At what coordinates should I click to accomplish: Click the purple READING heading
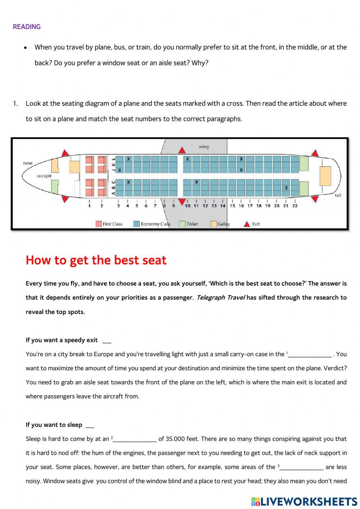coord(27,27)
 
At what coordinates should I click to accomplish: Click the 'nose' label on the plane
coord(28,163)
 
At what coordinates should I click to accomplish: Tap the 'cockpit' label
coord(44,176)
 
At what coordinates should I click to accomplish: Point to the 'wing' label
coord(203,147)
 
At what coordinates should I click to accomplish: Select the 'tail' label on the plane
coord(338,195)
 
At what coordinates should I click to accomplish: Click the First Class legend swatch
coord(99,224)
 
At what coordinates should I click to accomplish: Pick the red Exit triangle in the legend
coord(247,224)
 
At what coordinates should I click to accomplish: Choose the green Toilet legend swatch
coord(182,224)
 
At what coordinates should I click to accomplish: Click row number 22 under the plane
coord(295,206)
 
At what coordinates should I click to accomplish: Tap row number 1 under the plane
coord(89,206)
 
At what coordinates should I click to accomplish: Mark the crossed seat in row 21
coord(286,188)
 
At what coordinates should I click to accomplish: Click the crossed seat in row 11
coord(197,182)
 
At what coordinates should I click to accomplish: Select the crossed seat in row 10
coord(187,159)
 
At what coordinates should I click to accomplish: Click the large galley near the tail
coord(325,176)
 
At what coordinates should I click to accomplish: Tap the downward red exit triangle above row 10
coord(182,201)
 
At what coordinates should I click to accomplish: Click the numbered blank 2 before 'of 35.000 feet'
coord(135,439)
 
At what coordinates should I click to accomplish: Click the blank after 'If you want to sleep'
coord(90,425)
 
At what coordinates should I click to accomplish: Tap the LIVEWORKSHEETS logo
coord(304,501)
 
